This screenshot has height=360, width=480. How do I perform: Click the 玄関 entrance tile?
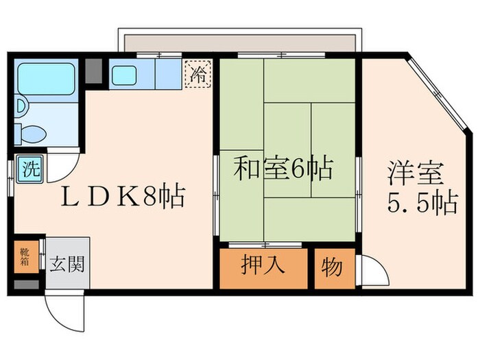(x=67, y=263)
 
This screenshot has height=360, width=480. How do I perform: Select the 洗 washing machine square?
(x=28, y=168)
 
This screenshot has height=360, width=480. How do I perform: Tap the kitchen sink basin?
(x=123, y=75)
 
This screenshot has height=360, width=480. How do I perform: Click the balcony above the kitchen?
(x=237, y=41)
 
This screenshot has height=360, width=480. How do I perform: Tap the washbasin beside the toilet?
(x=21, y=106)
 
